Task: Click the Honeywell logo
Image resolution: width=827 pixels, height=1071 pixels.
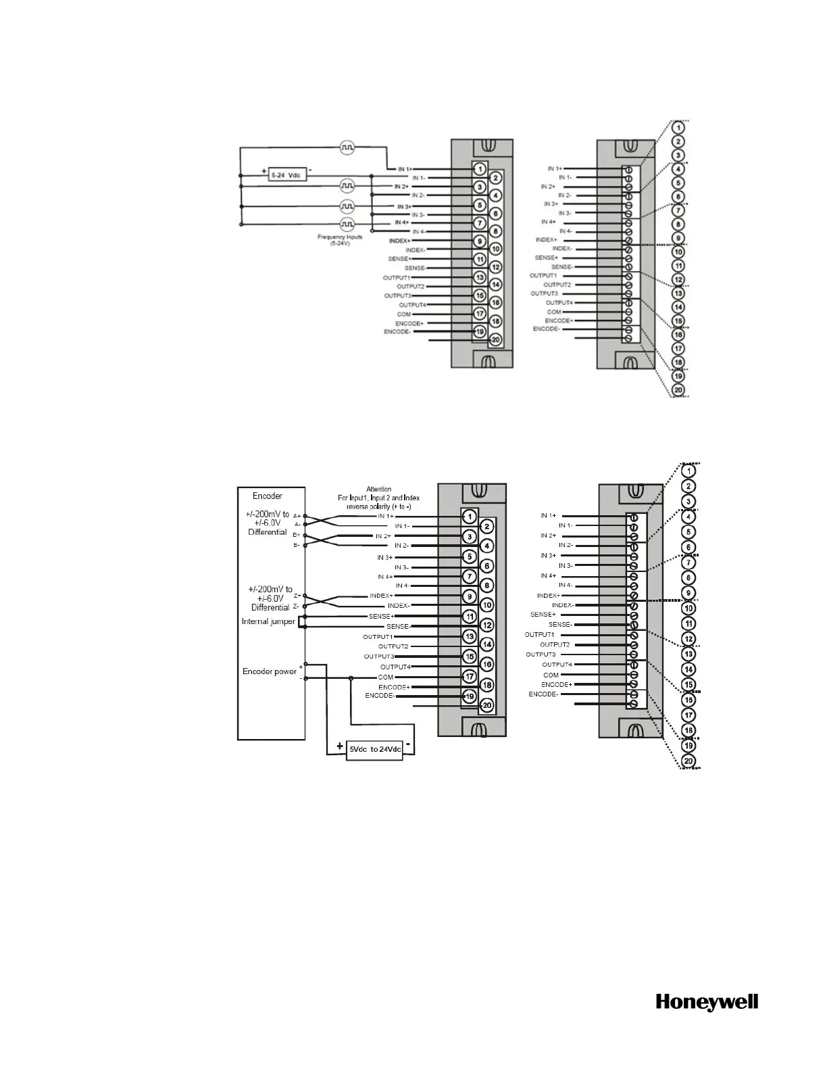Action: tap(707, 1002)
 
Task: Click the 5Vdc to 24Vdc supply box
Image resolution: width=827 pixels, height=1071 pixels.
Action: tap(374, 750)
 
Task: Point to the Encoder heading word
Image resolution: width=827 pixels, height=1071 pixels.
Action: tap(268, 496)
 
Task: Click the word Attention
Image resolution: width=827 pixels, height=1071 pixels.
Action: tap(378, 489)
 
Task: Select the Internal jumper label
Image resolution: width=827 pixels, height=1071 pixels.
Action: tap(268, 621)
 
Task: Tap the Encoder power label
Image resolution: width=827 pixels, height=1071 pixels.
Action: tap(270, 671)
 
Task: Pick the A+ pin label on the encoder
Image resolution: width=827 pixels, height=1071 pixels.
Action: tap(297, 516)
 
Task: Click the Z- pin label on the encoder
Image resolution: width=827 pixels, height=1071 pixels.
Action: tap(296, 606)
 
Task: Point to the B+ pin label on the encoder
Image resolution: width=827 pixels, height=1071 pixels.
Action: tap(297, 535)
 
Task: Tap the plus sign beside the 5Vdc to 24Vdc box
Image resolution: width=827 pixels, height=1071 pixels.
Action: tap(338, 748)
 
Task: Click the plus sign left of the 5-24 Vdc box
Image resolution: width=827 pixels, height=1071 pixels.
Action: tap(264, 171)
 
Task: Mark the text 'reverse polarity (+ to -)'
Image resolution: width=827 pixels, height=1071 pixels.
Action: tap(379, 506)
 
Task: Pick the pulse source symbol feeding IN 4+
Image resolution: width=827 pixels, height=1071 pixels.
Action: tap(347, 223)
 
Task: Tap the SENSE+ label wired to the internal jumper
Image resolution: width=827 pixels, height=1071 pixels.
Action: tap(381, 616)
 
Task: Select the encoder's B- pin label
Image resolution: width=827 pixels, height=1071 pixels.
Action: tap(297, 545)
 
